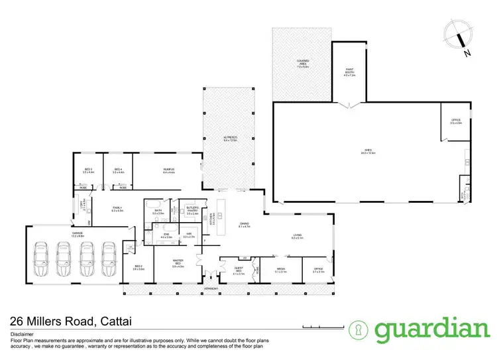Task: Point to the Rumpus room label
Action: pyautogui.click(x=169, y=170)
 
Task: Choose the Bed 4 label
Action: pyautogui.click(x=118, y=170)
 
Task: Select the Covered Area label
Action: pyautogui.click(x=302, y=65)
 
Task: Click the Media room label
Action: pyautogui.click(x=280, y=270)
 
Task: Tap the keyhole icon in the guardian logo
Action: pyautogui.click(x=361, y=330)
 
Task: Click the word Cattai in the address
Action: pyautogui.click(x=122, y=322)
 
